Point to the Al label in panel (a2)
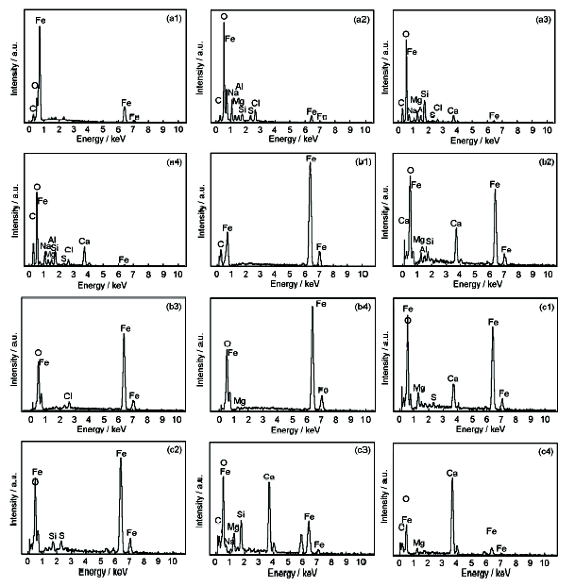(x=240, y=86)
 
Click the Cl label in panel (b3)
(x=68, y=394)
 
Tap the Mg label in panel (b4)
(x=240, y=400)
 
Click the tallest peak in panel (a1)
(x=40, y=28)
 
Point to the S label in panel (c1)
(x=433, y=396)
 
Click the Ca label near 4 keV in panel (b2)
(x=456, y=224)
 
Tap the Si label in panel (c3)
(x=242, y=514)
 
